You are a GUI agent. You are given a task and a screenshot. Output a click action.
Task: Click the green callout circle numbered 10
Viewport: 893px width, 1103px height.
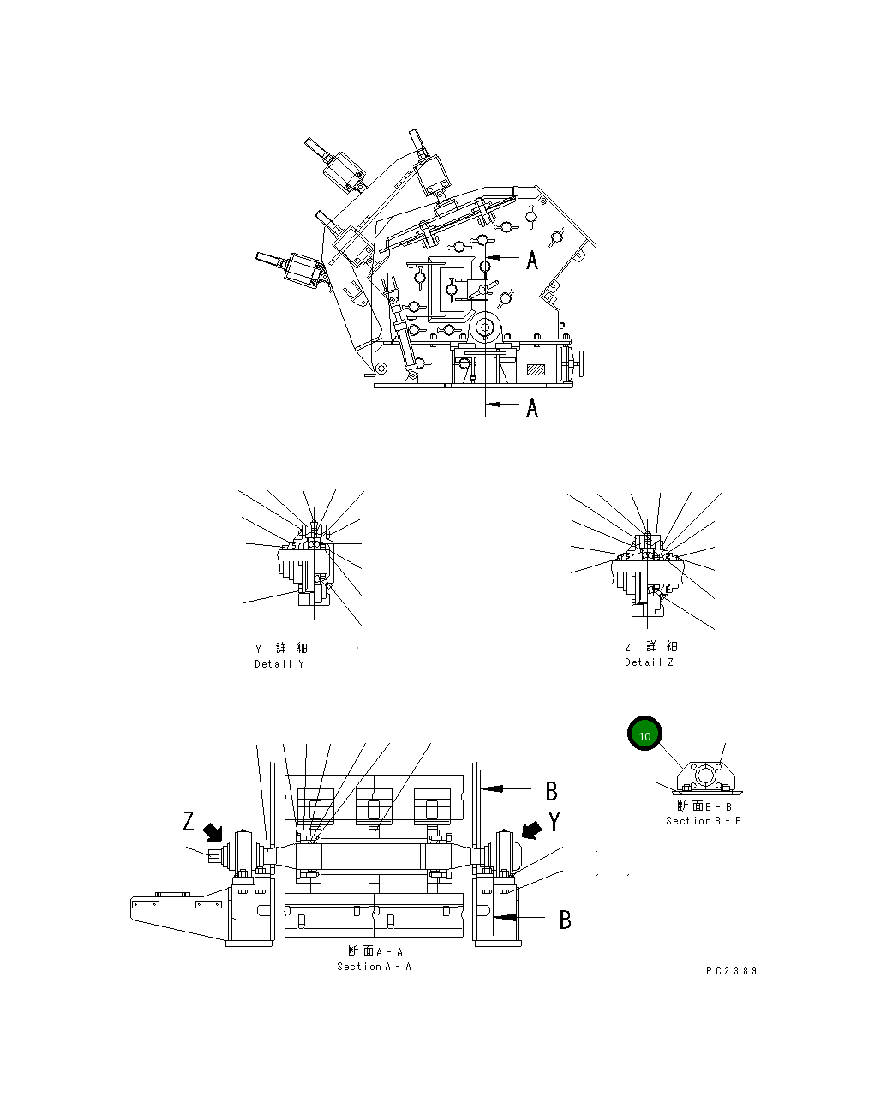point(644,734)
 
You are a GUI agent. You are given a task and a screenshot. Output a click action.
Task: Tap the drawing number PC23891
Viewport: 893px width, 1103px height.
point(736,971)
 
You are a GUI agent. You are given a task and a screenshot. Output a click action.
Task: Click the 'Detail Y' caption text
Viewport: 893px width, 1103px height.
point(279,664)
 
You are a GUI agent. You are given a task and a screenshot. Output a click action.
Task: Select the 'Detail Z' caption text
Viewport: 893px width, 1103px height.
point(649,662)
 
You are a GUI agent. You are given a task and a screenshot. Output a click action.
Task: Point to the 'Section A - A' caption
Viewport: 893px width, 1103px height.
point(374,967)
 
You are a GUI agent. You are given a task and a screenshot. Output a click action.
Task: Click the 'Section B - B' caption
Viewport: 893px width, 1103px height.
point(704,821)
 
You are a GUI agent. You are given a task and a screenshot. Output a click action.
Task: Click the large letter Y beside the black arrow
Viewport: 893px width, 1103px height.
point(554,823)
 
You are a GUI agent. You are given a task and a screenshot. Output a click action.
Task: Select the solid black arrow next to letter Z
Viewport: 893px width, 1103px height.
point(213,830)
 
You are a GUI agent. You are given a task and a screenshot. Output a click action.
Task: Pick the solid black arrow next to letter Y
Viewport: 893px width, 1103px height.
point(532,830)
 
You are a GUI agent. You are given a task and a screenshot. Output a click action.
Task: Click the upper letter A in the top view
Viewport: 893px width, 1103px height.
point(532,260)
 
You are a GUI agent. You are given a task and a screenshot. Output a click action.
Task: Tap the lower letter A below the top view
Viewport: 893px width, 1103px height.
point(532,407)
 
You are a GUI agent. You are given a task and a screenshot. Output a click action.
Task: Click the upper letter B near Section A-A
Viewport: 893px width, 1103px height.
point(552,791)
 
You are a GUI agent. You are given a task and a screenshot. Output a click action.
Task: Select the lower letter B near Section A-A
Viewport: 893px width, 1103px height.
point(565,920)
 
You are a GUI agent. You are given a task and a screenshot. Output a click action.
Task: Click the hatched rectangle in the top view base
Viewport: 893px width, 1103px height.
point(536,369)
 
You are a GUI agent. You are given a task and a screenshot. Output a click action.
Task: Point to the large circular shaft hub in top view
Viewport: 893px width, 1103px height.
point(486,327)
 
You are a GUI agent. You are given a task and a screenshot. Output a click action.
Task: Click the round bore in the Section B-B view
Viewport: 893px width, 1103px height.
point(705,776)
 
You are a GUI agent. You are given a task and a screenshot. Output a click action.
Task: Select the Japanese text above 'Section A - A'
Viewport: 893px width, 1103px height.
point(375,951)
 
